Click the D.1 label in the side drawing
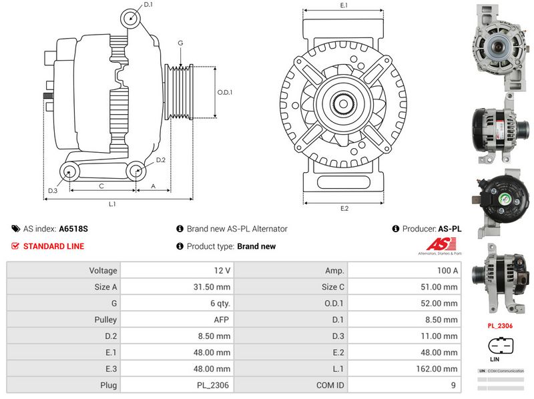[x=148, y=5]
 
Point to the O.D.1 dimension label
[x=224, y=92]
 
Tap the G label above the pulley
[x=180, y=43]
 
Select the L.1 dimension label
[x=113, y=204]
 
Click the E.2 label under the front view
[x=344, y=208]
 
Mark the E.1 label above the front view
[x=344, y=5]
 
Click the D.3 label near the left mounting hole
[x=53, y=191]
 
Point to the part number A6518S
[x=73, y=228]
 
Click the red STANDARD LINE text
[x=53, y=246]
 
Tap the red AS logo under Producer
[x=439, y=246]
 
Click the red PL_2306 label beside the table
[x=499, y=326]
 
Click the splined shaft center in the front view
[x=344, y=104]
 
